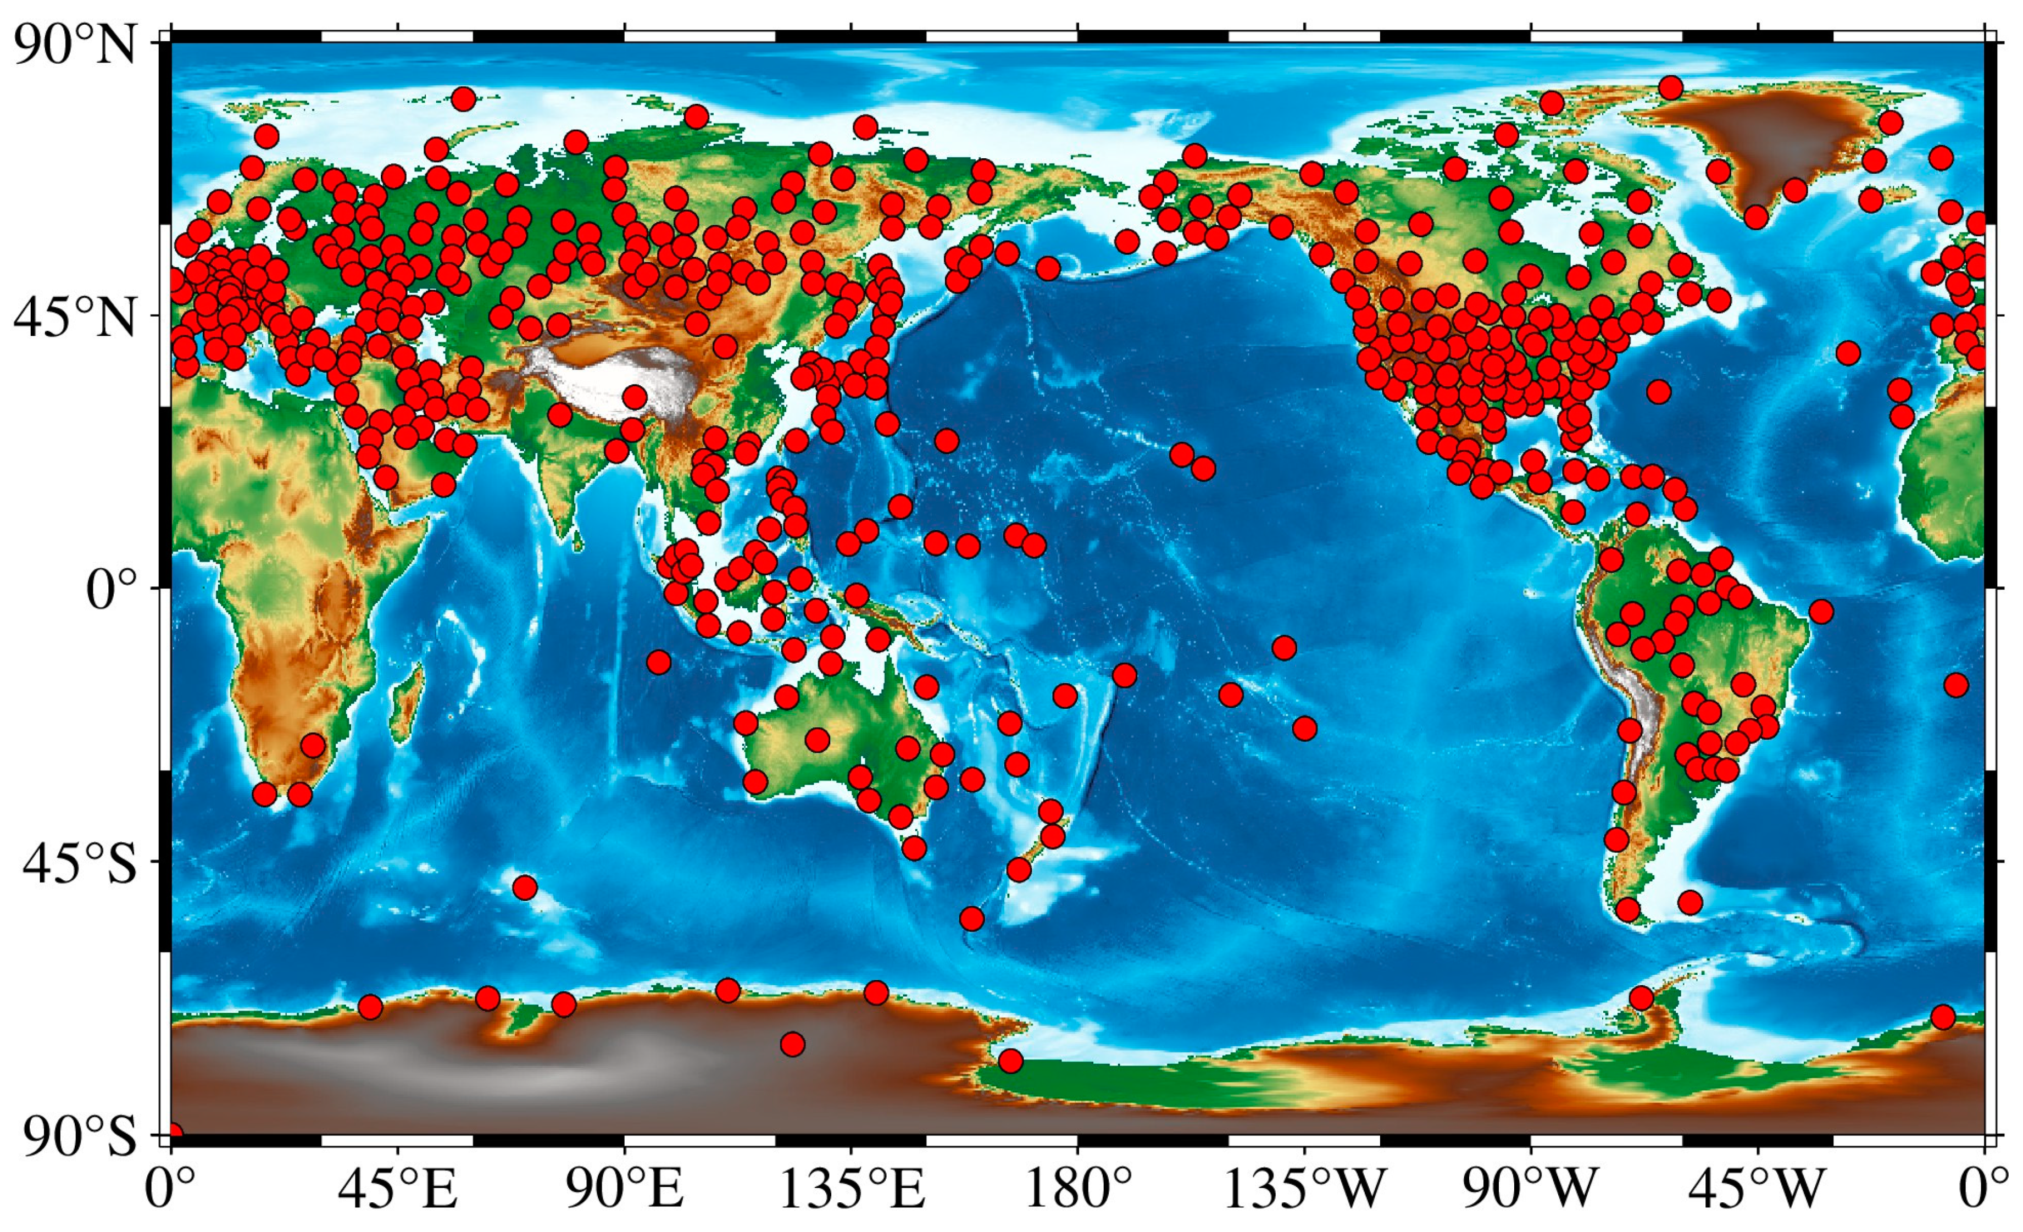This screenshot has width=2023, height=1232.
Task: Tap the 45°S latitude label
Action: point(79,864)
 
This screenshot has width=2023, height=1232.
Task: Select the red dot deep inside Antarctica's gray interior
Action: point(792,1045)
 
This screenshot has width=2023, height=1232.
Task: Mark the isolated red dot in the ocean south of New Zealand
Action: point(971,918)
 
